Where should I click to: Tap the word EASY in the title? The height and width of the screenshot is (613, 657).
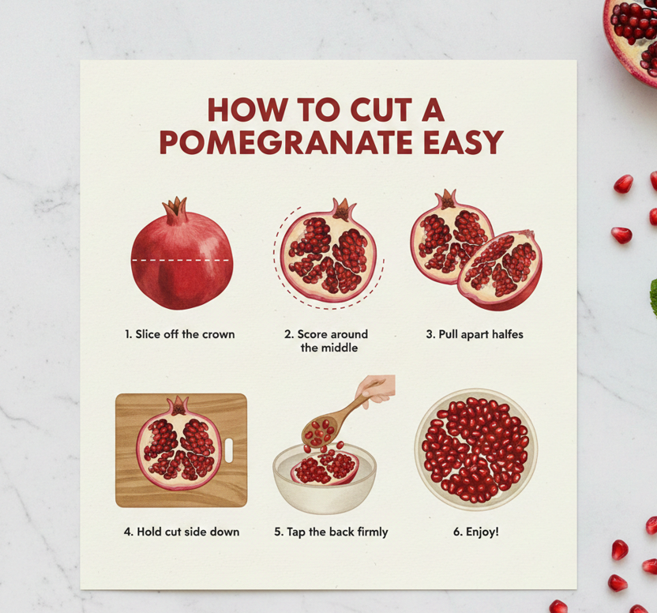tap(464, 142)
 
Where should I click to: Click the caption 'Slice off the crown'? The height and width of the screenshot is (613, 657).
tap(185, 334)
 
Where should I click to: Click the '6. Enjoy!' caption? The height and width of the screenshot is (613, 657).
tap(476, 532)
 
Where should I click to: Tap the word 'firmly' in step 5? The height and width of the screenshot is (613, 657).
tap(373, 532)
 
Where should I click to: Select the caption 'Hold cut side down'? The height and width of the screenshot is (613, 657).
tap(188, 532)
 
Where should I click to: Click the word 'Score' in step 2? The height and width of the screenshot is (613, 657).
tap(313, 334)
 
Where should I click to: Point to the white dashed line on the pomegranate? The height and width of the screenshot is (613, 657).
tap(180, 260)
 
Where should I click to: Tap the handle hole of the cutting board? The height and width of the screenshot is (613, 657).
tap(229, 450)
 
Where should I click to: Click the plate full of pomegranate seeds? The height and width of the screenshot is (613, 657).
tap(476, 449)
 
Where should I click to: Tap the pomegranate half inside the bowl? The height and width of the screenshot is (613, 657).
tap(325, 468)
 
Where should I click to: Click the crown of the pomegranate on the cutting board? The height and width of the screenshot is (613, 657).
tap(179, 405)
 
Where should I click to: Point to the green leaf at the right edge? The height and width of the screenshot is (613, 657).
tap(653, 298)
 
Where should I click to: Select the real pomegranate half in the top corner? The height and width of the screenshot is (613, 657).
tap(632, 38)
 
